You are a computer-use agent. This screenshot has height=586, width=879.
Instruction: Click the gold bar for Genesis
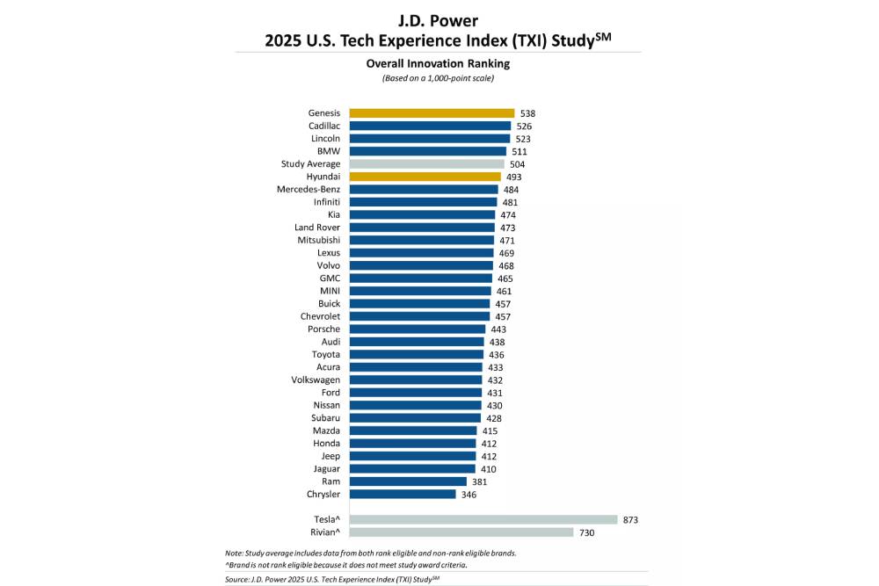click(432, 113)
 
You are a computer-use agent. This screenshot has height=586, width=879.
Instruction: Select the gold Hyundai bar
click(425, 177)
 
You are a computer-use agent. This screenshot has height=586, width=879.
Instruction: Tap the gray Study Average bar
click(426, 164)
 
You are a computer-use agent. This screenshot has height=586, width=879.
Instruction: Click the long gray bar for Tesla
click(483, 520)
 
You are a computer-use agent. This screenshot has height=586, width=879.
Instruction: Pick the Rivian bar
click(461, 532)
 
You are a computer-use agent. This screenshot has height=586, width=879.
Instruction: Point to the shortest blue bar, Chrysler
click(403, 495)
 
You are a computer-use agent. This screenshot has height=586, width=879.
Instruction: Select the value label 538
click(527, 113)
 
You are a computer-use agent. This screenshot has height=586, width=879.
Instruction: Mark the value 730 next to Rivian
click(586, 532)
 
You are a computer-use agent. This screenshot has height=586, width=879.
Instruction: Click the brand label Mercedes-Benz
click(309, 190)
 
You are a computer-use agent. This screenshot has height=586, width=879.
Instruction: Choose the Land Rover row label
click(317, 228)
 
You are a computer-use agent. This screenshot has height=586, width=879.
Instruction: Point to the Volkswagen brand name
click(316, 380)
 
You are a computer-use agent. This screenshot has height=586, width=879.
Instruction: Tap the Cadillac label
click(323, 126)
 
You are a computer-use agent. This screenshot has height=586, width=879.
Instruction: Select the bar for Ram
click(408, 481)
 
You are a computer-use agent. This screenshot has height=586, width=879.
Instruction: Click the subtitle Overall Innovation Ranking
click(438, 64)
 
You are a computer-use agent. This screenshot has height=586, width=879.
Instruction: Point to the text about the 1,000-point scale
click(438, 79)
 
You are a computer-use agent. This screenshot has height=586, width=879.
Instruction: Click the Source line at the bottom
click(331, 580)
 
